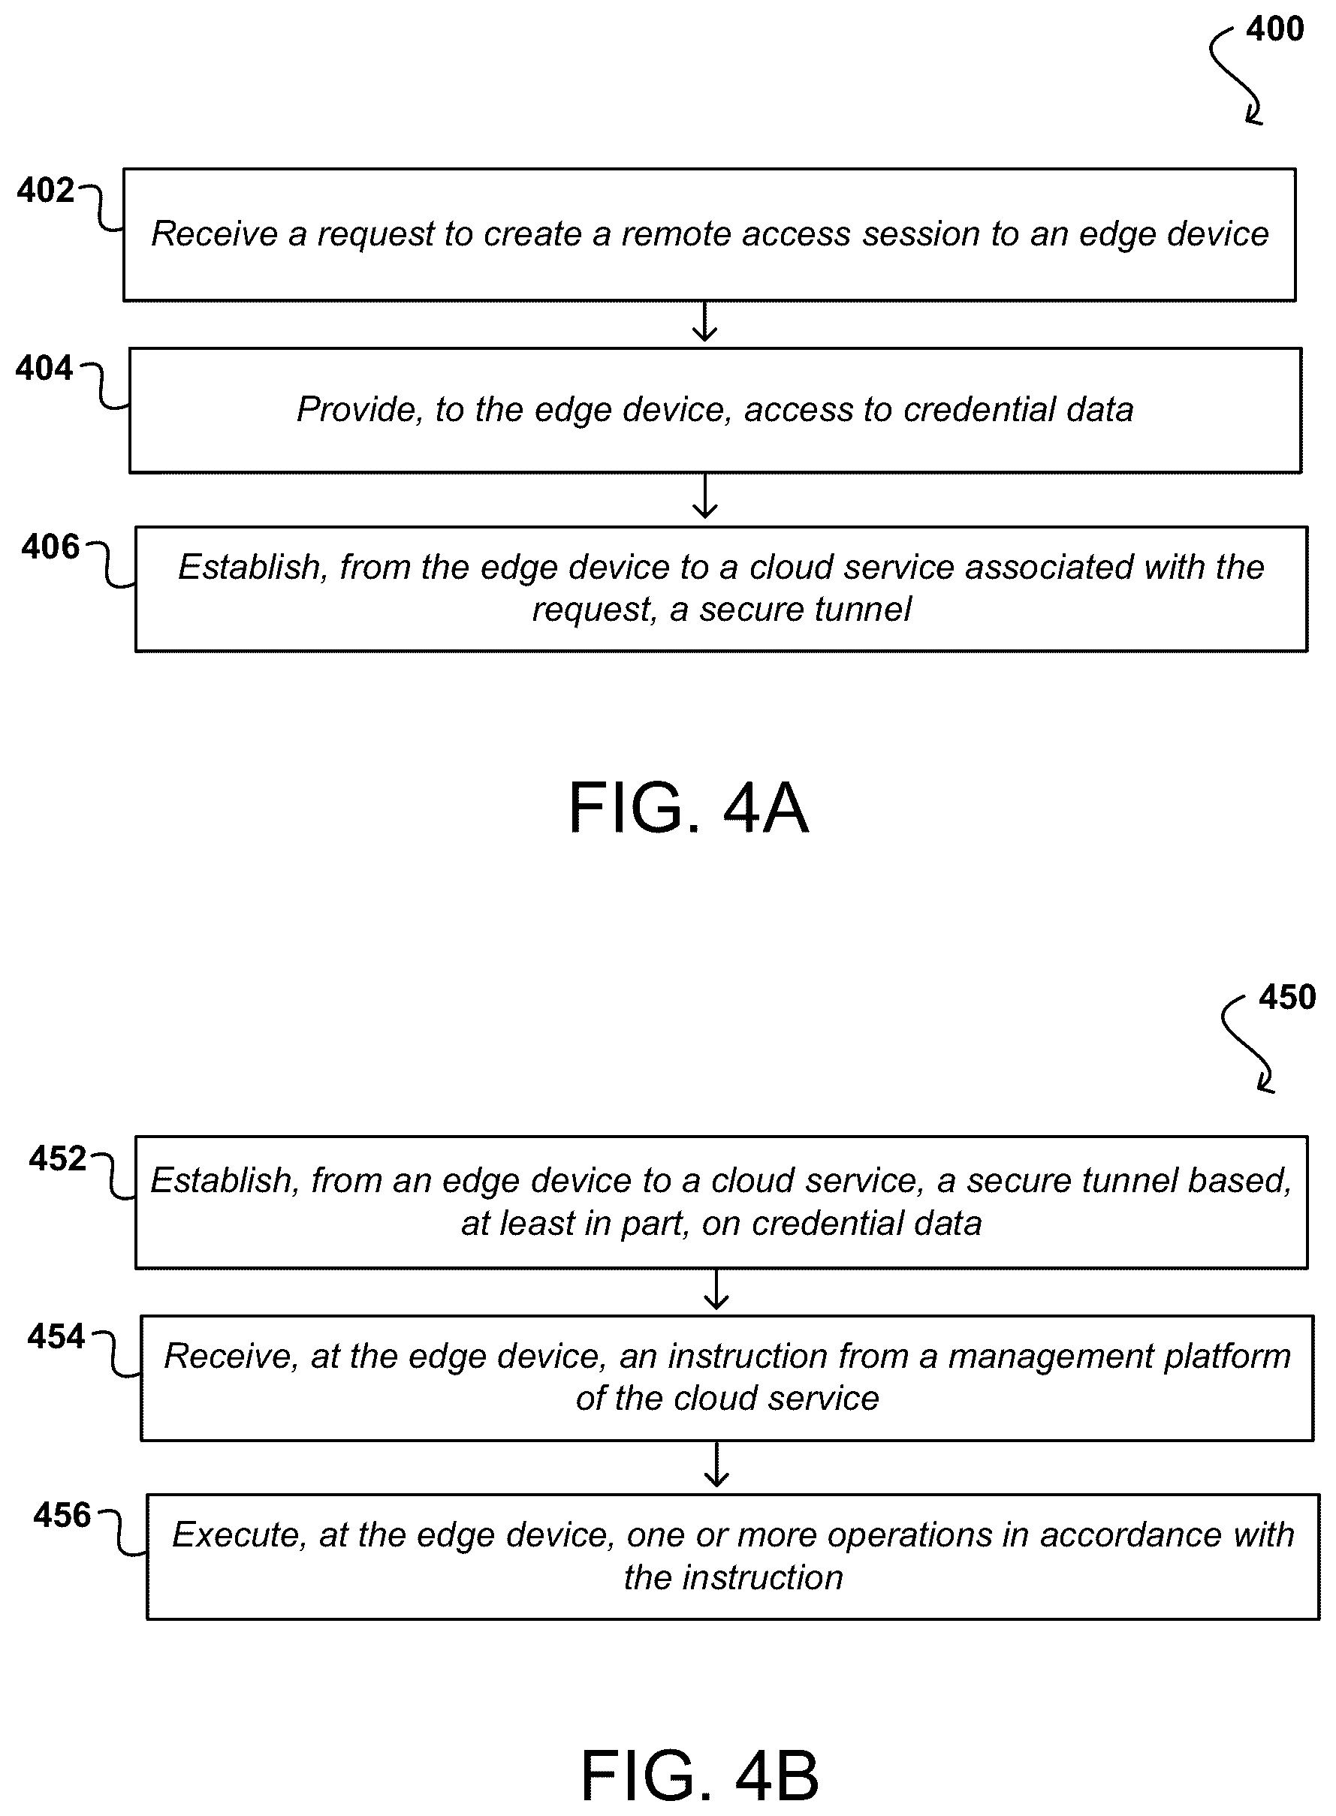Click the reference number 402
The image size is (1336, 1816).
click(46, 190)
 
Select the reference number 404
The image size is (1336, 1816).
click(44, 368)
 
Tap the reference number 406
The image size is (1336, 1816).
click(51, 547)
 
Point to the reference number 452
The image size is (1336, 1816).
click(57, 1158)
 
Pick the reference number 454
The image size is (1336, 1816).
click(56, 1336)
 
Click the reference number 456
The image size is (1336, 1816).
click(62, 1515)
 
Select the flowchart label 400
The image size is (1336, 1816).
click(1274, 29)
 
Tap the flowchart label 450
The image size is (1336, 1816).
click(1287, 997)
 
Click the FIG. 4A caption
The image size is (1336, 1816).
click(688, 808)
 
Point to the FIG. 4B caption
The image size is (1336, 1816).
click(701, 1775)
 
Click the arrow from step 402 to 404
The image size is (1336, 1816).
click(705, 322)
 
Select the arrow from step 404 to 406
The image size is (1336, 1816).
click(705, 496)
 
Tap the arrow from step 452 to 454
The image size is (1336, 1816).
click(716, 1290)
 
